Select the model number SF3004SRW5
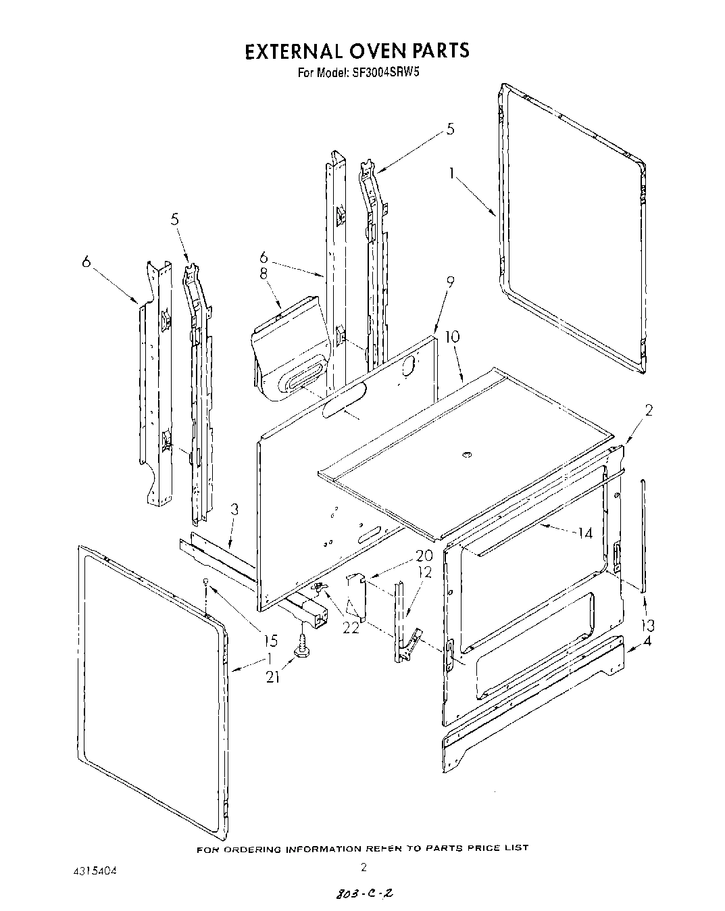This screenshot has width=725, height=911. click(390, 73)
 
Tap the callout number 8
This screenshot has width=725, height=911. click(264, 274)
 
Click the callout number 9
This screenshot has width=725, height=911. click(450, 282)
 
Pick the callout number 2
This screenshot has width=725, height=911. click(649, 410)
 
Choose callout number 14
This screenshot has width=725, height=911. click(584, 533)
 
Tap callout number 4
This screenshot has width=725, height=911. click(647, 642)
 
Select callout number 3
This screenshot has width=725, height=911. click(234, 510)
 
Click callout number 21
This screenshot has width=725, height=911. click(272, 675)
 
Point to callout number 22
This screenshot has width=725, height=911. click(350, 627)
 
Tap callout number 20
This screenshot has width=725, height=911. click(424, 556)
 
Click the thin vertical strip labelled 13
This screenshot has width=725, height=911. click(644, 534)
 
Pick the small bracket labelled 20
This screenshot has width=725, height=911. click(356, 595)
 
